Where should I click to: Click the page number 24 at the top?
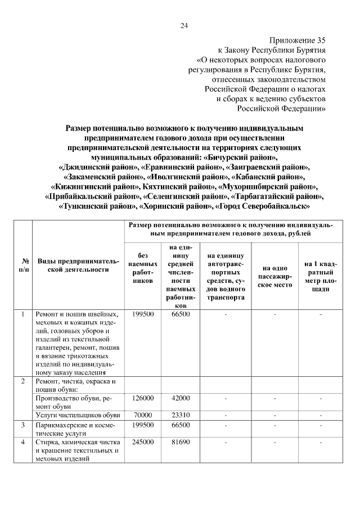pyautogui.click(x=183, y=25)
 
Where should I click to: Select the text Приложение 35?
pyautogui.click(x=298, y=40)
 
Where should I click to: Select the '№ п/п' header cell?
pyautogui.click(x=25, y=265)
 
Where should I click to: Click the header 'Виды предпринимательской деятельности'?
pyautogui.click(x=79, y=265)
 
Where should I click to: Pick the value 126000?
pyautogui.click(x=143, y=398)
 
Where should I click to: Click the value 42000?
pyautogui.click(x=180, y=398)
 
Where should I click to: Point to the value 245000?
pyautogui.click(x=143, y=443)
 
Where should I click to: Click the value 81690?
pyautogui.click(x=180, y=443)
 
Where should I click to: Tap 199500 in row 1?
pyautogui.click(x=143, y=314)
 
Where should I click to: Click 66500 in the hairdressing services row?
pyautogui.click(x=180, y=425)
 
